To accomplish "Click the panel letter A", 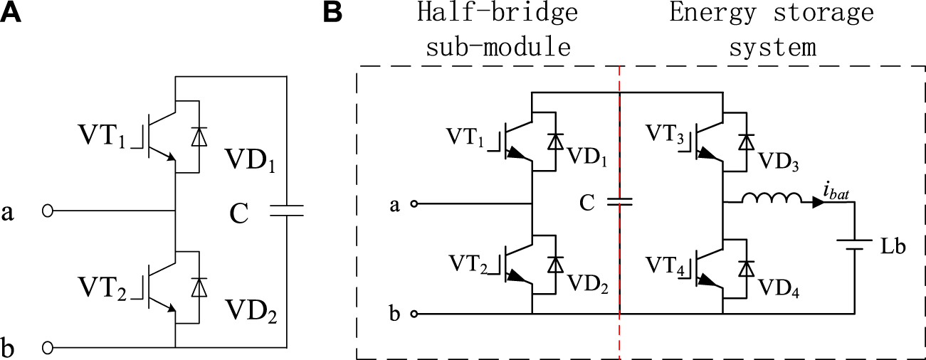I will [16, 13].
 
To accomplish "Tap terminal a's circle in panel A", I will [48, 211].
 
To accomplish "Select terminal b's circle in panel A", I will [48, 348].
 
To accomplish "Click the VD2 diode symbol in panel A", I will [198, 287].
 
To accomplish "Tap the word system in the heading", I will [772, 47].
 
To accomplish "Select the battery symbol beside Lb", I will [853, 245].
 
